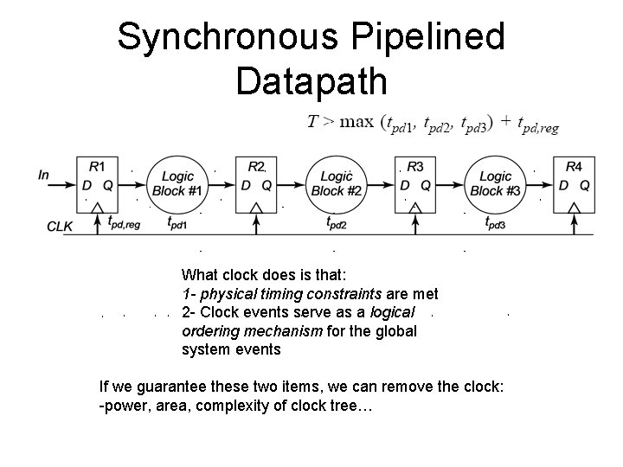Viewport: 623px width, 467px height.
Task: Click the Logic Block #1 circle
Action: (177, 184)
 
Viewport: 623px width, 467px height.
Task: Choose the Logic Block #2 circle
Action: (336, 184)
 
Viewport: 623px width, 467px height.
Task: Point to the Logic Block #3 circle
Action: (495, 184)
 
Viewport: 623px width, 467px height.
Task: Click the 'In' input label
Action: (44, 175)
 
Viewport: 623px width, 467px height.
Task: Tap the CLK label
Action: (60, 227)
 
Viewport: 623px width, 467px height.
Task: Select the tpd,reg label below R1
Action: (125, 224)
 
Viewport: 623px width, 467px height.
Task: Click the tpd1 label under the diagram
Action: (177, 223)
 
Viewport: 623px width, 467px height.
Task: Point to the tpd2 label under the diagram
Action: (336, 223)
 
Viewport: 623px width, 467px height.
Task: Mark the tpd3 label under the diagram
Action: (495, 223)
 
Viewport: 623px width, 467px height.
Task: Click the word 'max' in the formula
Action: (356, 122)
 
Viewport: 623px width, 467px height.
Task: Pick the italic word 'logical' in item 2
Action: (394, 311)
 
